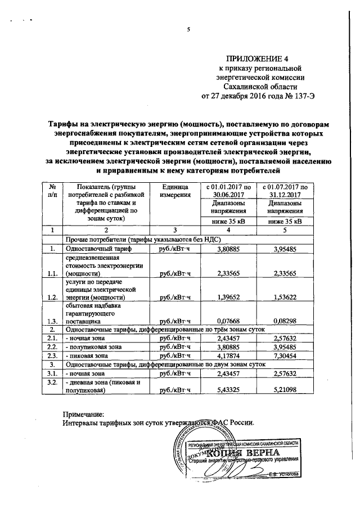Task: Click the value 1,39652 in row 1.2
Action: coord(228,296)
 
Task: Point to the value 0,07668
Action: coord(228,321)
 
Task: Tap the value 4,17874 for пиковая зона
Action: coord(228,355)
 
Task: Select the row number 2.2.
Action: coord(52,347)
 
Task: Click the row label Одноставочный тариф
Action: coord(98,248)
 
